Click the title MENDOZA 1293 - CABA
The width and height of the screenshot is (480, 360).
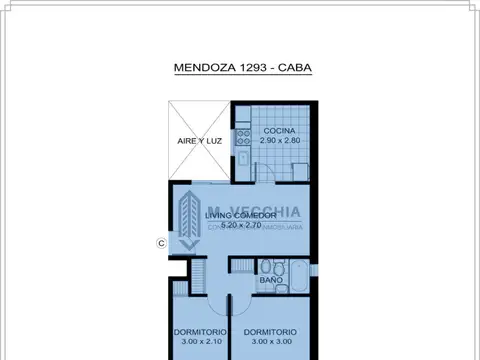click(240, 70)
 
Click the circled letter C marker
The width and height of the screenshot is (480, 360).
click(161, 242)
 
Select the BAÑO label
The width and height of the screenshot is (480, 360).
click(270, 281)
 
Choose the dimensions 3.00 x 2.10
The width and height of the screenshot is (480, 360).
click(197, 342)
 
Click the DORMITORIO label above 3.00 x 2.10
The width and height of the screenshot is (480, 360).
click(197, 332)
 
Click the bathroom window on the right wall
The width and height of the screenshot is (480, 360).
click(313, 268)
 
